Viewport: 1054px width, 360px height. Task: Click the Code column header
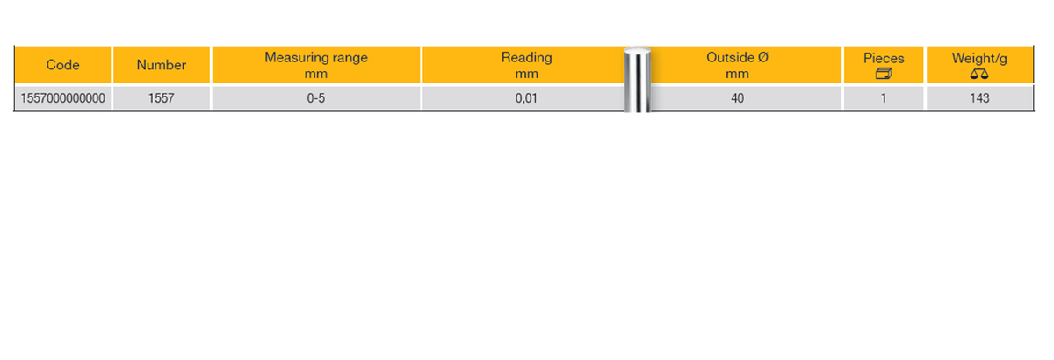(62, 65)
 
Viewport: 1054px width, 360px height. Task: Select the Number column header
(162, 65)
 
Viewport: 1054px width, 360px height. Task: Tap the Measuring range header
(316, 57)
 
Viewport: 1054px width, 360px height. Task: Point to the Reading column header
(526, 57)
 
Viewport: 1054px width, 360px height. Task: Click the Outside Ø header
(737, 57)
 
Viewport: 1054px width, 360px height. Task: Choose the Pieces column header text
(884, 58)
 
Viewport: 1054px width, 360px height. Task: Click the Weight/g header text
(979, 58)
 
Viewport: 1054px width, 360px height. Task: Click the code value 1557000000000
(62, 98)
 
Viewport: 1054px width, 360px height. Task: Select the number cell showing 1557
(162, 98)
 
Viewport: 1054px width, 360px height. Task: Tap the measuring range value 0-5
(316, 98)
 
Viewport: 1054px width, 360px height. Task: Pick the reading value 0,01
(526, 98)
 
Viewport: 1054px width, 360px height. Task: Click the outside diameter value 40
(737, 98)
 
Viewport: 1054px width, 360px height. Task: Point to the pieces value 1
(884, 98)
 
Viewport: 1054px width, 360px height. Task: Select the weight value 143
(979, 98)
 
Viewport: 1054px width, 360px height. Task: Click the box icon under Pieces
(884, 74)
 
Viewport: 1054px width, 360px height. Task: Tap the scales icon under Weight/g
(979, 74)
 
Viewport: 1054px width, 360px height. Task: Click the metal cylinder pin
(638, 80)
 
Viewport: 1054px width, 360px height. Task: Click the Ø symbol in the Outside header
(763, 57)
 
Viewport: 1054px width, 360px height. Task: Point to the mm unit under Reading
(526, 75)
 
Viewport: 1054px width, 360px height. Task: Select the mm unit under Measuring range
(315, 75)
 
